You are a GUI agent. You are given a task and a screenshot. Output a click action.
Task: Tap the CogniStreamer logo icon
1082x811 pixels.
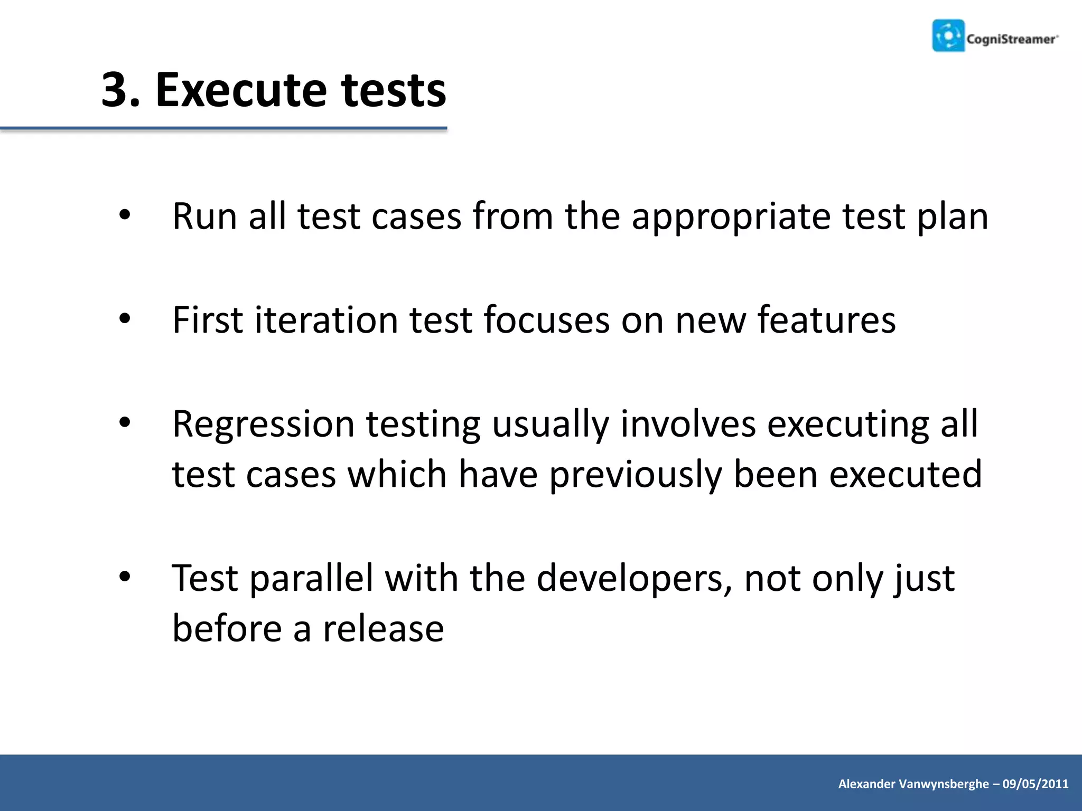[948, 35]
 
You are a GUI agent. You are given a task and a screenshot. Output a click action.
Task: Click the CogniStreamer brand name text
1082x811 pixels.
[1011, 39]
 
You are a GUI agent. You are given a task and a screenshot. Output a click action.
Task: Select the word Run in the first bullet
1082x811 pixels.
[204, 216]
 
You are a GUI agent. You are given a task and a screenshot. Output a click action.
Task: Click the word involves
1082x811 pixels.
[687, 423]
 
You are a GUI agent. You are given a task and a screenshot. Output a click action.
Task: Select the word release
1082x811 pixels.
[383, 629]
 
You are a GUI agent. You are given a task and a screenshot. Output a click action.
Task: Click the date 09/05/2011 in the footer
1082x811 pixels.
[1036, 784]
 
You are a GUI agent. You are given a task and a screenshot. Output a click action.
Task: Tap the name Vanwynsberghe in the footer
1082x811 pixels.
[944, 784]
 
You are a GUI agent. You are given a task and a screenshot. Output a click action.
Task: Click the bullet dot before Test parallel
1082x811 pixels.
[125, 577]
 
